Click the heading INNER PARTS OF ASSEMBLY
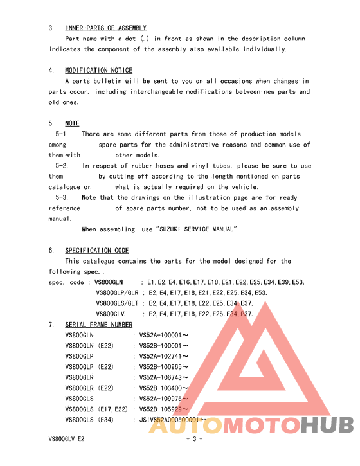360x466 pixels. pos(106,28)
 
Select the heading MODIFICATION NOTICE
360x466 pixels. pos(99,71)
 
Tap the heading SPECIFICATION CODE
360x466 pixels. pos(97,251)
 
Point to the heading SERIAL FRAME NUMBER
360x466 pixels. pos(99,325)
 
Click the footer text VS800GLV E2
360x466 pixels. pos(67,440)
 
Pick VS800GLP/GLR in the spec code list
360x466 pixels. pos(117,293)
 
